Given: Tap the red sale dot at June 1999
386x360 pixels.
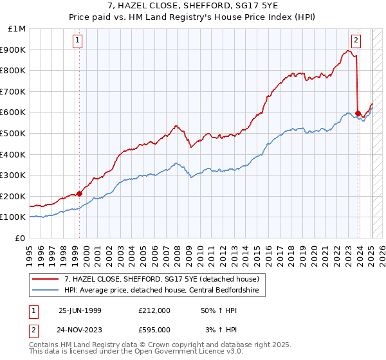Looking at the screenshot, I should pyautogui.click(x=80, y=194).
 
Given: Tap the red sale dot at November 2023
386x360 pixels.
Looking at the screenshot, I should pyautogui.click(x=358, y=113).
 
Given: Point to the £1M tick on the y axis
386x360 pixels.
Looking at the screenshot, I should pyautogui.click(x=17, y=29).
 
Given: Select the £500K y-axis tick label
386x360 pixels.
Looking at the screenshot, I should pyautogui.click(x=14, y=134).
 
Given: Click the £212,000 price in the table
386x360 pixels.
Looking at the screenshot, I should pyautogui.click(x=154, y=310).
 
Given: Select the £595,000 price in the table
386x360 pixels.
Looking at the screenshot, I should pyautogui.click(x=154, y=330).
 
